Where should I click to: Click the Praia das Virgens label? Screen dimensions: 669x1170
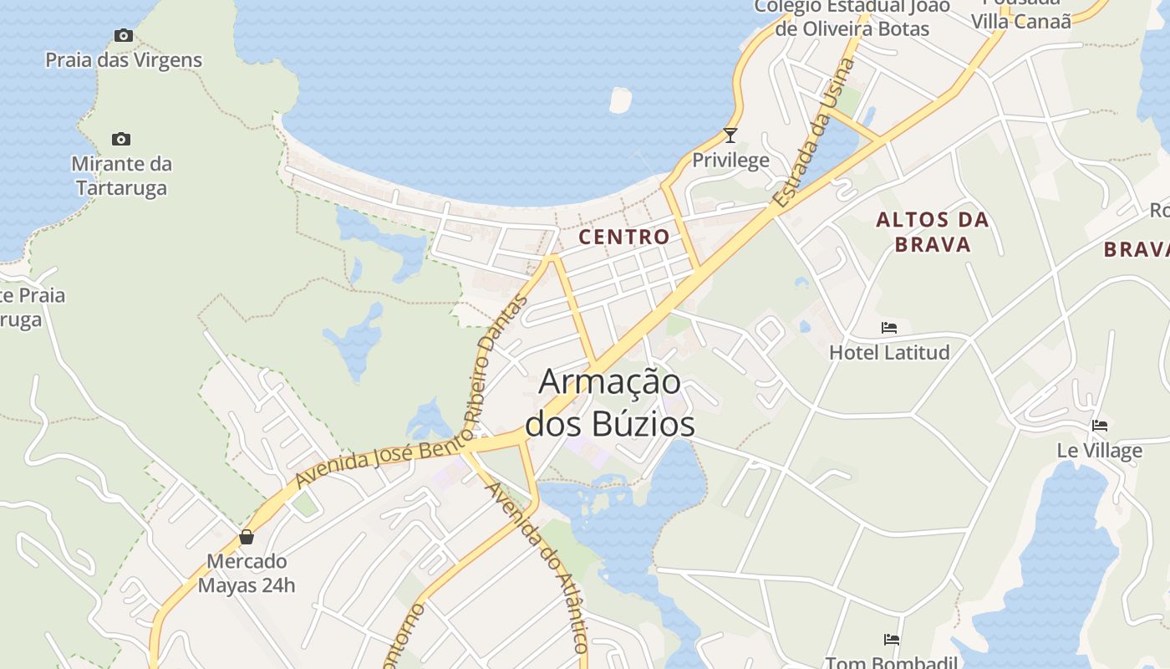click(124, 60)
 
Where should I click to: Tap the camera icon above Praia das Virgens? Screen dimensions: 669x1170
click(124, 35)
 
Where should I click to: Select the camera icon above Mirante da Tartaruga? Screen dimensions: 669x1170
click(121, 139)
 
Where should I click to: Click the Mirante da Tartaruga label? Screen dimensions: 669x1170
click(121, 176)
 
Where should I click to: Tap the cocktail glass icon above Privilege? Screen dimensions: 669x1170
click(730, 135)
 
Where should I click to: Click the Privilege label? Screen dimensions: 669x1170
click(730, 161)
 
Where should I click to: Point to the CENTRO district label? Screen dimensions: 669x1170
click(624, 237)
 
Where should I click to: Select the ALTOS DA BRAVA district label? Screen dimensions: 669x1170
click(932, 232)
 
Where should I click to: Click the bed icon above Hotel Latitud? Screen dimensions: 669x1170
click(889, 327)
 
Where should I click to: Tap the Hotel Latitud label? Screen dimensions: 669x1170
click(889, 352)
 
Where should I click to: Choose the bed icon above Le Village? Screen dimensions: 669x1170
click(1100, 426)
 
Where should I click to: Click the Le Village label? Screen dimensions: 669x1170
click(1100, 451)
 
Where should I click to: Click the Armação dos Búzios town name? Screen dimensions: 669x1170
click(609, 403)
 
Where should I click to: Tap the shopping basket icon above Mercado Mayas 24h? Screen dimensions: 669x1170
click(247, 536)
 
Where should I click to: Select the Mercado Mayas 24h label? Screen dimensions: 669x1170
click(247, 573)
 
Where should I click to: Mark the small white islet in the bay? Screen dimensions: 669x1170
click(620, 100)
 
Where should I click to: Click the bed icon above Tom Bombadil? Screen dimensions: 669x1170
click(892, 640)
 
